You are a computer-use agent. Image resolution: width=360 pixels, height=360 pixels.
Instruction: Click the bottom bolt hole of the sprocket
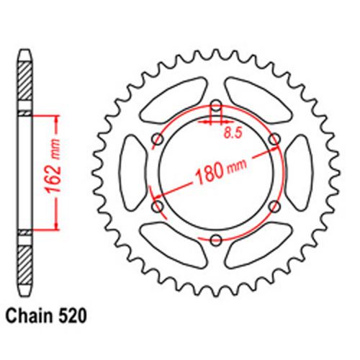[x=215, y=238]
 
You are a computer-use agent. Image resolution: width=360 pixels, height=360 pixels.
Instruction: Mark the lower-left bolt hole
[x=158, y=207]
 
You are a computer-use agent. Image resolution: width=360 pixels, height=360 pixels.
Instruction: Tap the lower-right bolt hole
[x=272, y=207]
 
